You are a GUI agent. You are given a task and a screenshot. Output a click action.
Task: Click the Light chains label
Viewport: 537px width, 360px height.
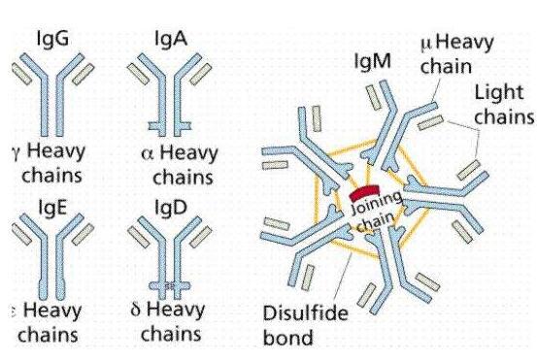(x=503, y=105)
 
